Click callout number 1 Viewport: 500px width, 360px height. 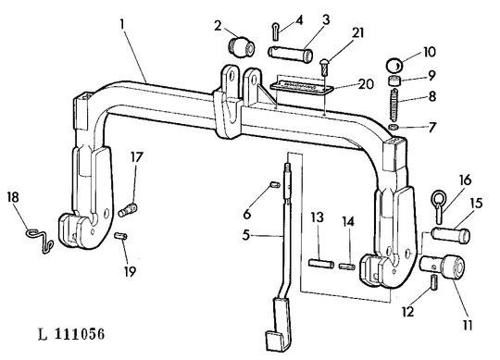pos(122,24)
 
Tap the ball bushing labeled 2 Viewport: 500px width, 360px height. pos(242,48)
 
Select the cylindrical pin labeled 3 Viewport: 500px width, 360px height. pos(290,55)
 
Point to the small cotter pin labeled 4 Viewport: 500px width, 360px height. pos(276,31)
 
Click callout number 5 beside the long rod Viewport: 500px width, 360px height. pos(246,235)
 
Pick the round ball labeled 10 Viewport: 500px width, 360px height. pos(395,66)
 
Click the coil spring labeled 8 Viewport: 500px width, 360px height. pos(394,105)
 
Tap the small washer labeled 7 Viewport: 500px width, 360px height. pos(394,127)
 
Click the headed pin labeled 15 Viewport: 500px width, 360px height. pos(451,235)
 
